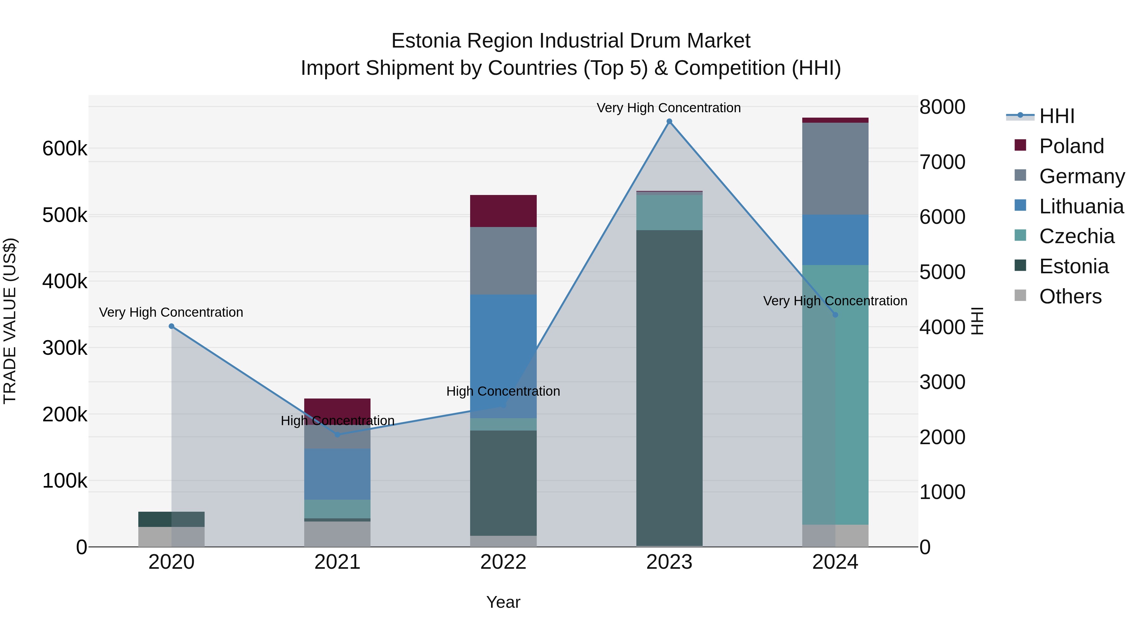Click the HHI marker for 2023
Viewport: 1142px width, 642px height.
tap(669, 121)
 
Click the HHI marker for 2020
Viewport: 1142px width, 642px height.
tap(172, 326)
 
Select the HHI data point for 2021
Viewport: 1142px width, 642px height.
tap(338, 435)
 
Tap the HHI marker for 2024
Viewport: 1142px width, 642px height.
tap(835, 315)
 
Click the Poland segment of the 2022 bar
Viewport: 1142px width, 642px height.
tap(503, 211)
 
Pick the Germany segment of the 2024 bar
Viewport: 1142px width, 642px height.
tap(835, 169)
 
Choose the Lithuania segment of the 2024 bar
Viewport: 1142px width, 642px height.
tap(835, 240)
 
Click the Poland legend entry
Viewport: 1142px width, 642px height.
tap(1071, 146)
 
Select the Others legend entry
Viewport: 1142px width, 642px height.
tap(1070, 296)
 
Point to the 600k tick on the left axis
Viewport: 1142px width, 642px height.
tap(65, 148)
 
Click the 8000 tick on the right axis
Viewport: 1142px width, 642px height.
tap(942, 107)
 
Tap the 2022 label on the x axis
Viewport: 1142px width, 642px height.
tap(503, 562)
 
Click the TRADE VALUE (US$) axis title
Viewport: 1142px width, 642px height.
tap(10, 321)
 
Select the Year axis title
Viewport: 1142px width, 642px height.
tap(503, 602)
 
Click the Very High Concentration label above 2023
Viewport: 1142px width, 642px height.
tap(668, 108)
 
